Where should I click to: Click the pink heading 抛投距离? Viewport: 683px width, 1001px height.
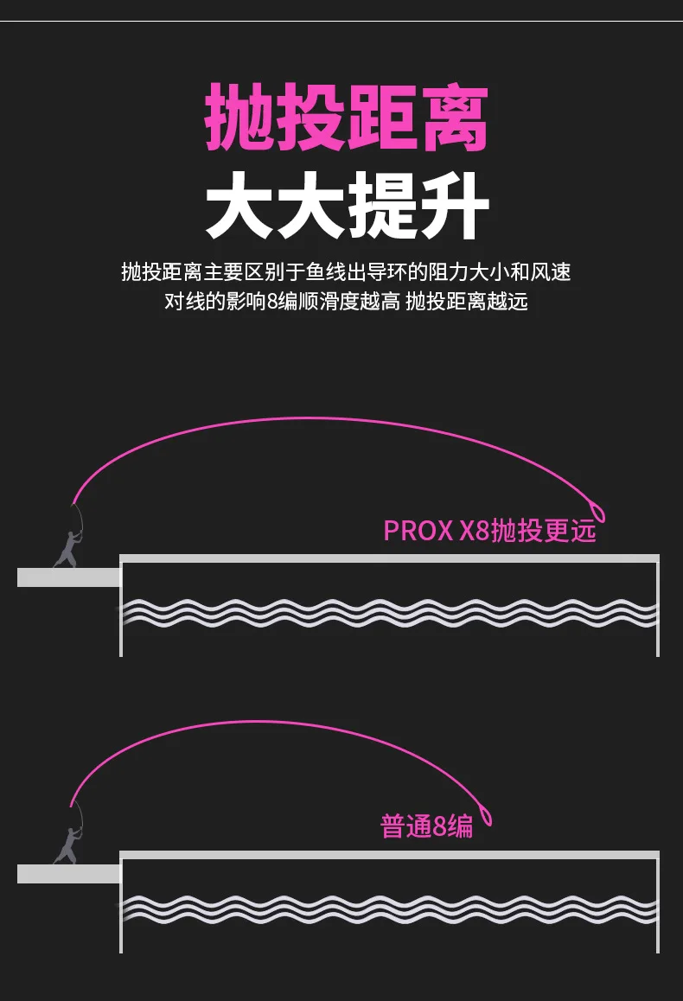(347, 118)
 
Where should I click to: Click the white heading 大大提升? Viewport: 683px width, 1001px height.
(347, 207)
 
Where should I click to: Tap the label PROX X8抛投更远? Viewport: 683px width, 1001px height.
(489, 530)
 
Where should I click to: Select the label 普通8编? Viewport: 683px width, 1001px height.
(427, 826)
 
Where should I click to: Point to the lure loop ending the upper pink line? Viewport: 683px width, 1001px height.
(597, 512)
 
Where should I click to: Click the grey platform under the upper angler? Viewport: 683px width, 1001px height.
(68, 577)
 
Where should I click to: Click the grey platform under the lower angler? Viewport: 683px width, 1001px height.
(68, 873)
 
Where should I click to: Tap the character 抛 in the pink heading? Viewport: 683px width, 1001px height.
(239, 118)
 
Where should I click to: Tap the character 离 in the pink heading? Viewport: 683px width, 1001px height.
(453, 118)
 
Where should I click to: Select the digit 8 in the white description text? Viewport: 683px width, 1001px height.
(275, 303)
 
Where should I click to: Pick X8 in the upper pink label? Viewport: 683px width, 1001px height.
(470, 531)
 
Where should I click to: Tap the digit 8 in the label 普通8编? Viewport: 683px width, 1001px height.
(440, 827)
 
